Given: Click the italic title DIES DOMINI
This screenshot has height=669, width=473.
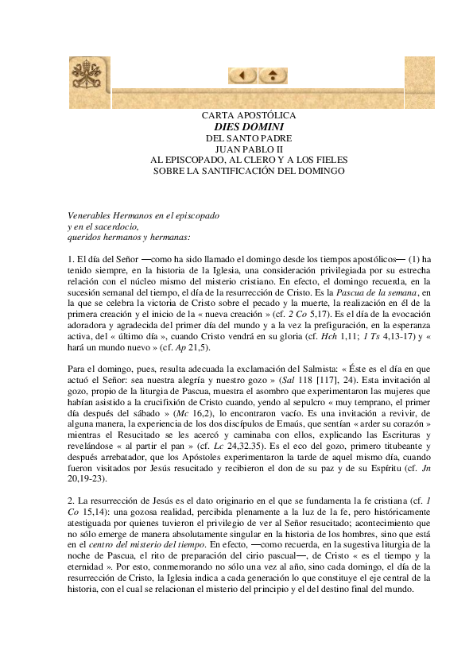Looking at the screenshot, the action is (x=249, y=126).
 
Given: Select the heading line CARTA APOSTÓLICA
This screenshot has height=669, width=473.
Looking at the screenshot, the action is (x=249, y=115).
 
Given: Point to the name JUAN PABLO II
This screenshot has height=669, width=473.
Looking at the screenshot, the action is (x=249, y=149).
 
